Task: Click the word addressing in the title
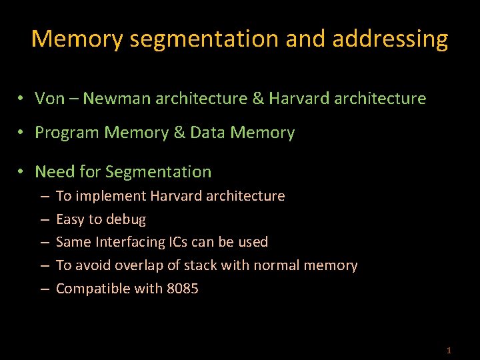(x=390, y=39)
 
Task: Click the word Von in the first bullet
(x=50, y=99)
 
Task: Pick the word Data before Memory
(x=207, y=133)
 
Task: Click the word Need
(x=55, y=171)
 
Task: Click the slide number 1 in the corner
(x=449, y=350)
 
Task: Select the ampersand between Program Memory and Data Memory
(x=179, y=133)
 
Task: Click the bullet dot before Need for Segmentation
(x=22, y=171)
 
